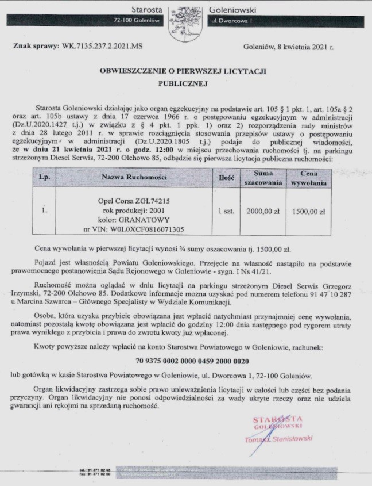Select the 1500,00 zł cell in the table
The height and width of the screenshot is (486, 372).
[308, 211]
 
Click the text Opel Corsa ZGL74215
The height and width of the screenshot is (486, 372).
[134, 201]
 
